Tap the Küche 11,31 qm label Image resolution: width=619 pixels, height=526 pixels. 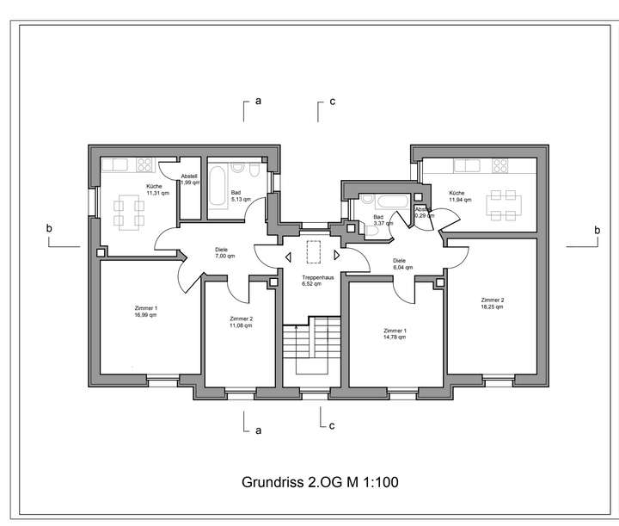click(x=154, y=189)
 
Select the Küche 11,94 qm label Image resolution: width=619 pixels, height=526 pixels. click(x=457, y=197)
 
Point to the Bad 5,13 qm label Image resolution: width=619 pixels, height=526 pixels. click(x=240, y=195)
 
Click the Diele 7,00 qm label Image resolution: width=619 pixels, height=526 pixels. click(x=224, y=253)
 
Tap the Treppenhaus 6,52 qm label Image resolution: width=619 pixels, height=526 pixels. click(x=311, y=280)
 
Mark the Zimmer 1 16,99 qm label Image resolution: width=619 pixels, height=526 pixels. click(x=145, y=312)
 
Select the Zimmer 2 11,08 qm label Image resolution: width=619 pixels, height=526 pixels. click(x=241, y=323)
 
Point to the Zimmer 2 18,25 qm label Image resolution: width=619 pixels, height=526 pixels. click(x=493, y=303)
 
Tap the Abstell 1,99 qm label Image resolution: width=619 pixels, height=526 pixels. click(x=189, y=179)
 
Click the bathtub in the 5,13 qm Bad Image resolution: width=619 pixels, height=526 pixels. click(x=216, y=183)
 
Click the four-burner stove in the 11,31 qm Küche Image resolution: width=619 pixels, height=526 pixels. click(x=144, y=164)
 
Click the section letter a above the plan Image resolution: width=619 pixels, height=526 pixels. click(x=257, y=102)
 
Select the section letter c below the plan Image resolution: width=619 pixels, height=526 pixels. click(x=332, y=426)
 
